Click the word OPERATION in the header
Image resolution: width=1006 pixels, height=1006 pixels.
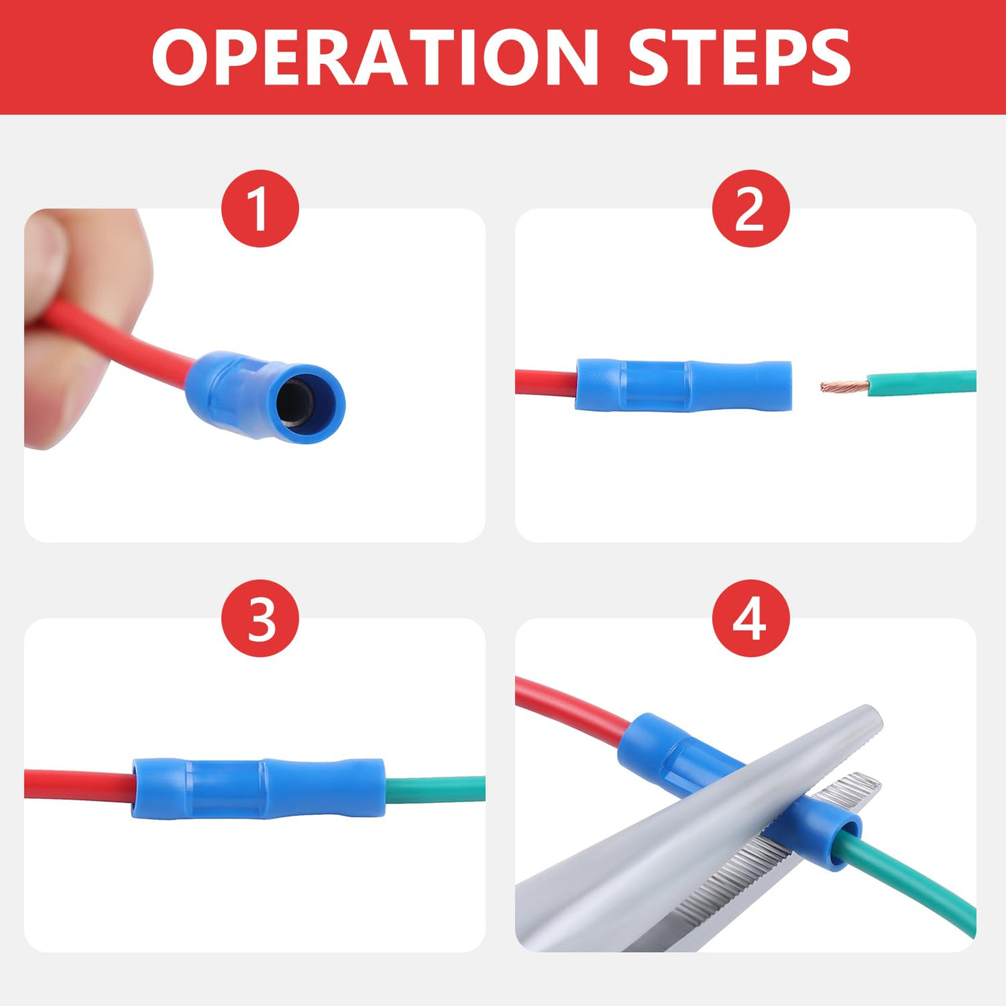pyautogui.click(x=375, y=57)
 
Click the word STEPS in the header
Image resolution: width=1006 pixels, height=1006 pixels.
pyautogui.click(x=739, y=57)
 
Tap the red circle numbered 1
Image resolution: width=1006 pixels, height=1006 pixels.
pyautogui.click(x=260, y=208)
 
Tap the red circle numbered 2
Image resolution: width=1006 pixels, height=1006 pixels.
pyautogui.click(x=750, y=208)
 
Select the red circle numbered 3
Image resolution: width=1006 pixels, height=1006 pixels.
pyautogui.click(x=260, y=618)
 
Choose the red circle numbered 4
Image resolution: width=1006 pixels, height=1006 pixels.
pyautogui.click(x=750, y=618)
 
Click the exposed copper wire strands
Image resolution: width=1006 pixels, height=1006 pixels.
pyautogui.click(x=844, y=387)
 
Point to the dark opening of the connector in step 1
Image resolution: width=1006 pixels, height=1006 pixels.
pyautogui.click(x=295, y=403)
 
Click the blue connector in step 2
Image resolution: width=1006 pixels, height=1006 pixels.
pyautogui.click(x=683, y=385)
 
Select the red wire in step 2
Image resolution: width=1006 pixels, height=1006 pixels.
pyautogui.click(x=545, y=383)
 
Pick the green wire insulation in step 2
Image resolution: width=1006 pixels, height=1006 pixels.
pyautogui.click(x=921, y=383)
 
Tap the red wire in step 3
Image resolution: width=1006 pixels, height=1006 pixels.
pyautogui.click(x=78, y=785)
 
